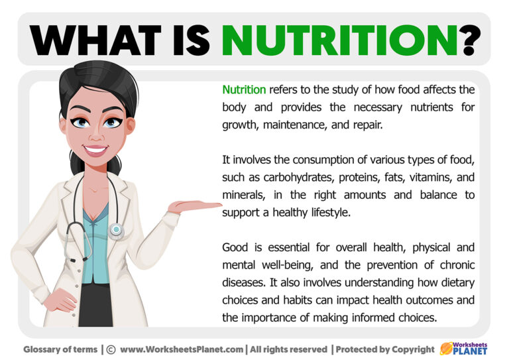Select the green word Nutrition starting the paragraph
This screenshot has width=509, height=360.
click(x=244, y=90)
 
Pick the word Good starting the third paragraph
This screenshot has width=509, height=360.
click(x=235, y=248)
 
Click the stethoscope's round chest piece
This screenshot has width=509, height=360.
click(x=117, y=230)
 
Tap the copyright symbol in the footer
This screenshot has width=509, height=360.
click(x=111, y=349)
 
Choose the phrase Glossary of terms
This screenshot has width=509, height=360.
click(x=60, y=349)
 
